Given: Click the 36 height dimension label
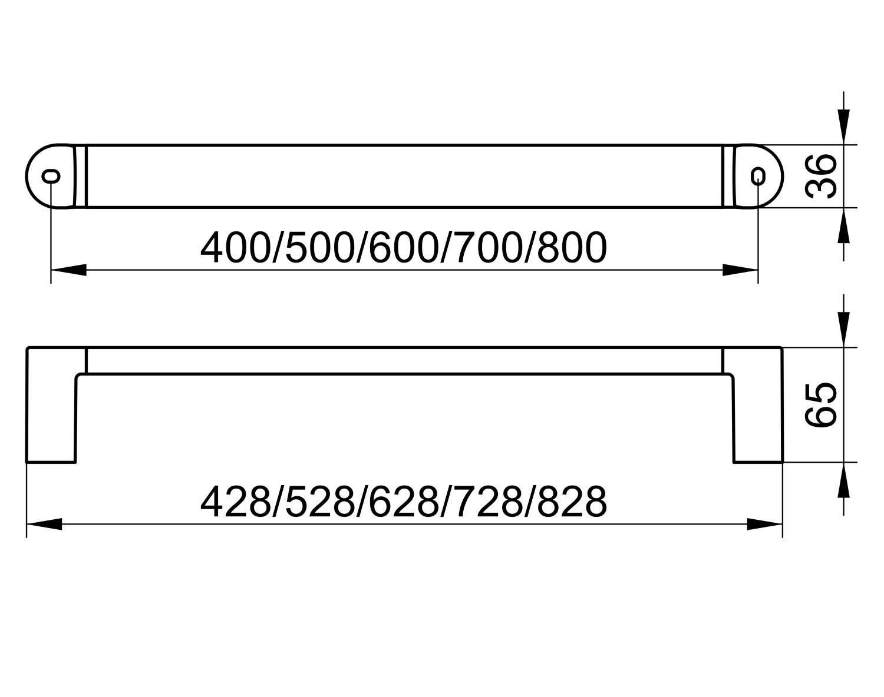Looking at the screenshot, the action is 820,176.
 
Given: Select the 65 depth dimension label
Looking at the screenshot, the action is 820,404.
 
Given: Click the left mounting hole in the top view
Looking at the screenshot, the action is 52,175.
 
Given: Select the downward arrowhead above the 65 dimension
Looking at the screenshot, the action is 845,332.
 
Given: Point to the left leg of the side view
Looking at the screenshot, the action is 52,412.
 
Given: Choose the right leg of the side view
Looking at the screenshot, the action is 758,412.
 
